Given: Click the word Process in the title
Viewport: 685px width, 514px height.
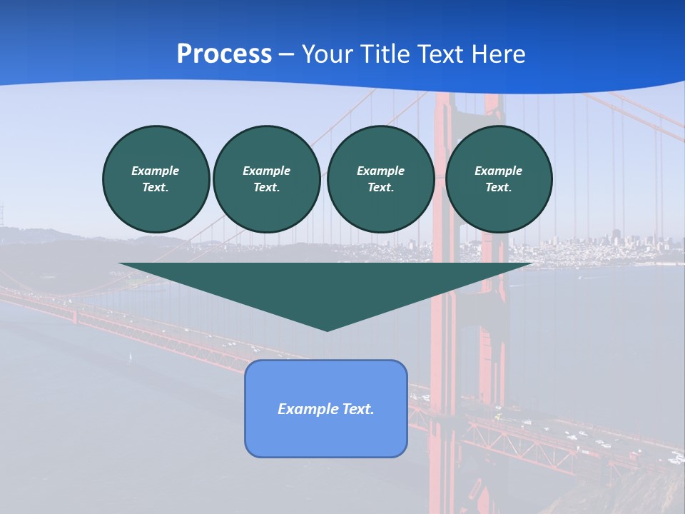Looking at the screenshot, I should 224,54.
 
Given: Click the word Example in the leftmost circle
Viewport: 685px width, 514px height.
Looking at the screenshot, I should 156,171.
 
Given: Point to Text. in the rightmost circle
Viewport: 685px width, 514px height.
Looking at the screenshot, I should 499,188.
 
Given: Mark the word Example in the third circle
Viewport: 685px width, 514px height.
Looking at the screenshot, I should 380,171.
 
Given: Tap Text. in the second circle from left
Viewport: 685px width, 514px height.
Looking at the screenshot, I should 266,188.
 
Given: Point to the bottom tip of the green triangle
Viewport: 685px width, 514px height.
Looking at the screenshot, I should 327,330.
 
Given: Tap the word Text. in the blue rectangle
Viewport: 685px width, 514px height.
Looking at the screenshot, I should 357,409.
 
